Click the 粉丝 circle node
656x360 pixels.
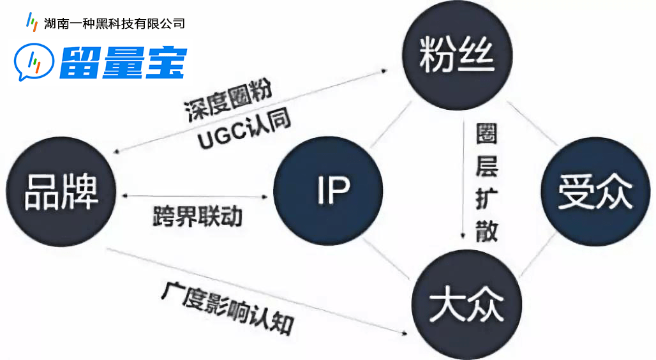coord(458,56)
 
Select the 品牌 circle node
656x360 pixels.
coord(61,191)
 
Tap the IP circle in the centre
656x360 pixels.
coord(329,190)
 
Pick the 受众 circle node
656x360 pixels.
coord(596,191)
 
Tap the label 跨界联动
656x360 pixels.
coord(197,216)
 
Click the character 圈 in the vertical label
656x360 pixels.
coord(486,134)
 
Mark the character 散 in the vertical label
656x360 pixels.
coord(486,230)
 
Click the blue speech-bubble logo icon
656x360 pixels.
coord(34,62)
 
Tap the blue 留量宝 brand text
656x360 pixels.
coord(123,63)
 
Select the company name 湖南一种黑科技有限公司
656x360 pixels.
coord(114,24)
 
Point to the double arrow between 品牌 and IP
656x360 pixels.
coord(195,196)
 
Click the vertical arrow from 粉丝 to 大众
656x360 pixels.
coord(463,179)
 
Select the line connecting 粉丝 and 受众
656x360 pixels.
coord(532,123)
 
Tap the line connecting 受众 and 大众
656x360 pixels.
coord(538,255)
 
